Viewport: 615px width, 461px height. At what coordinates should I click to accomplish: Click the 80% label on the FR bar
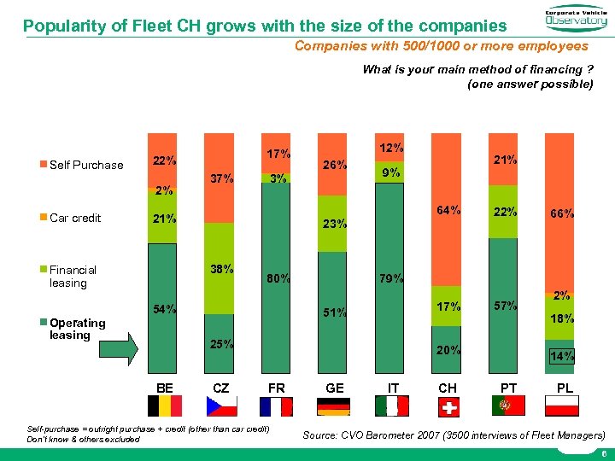coord(278,277)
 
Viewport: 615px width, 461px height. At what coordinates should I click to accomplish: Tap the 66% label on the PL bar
coord(560,214)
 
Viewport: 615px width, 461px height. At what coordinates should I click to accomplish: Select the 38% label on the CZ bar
coord(222,268)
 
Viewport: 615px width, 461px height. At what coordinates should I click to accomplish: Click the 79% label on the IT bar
coord(391,277)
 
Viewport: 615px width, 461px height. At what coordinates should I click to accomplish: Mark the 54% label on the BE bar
coord(164,308)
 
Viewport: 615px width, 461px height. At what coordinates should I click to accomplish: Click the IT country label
coord(391,388)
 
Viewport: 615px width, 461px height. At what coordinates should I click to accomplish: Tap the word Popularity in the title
coord(60,26)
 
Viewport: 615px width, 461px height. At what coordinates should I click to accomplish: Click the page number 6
coord(604,454)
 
